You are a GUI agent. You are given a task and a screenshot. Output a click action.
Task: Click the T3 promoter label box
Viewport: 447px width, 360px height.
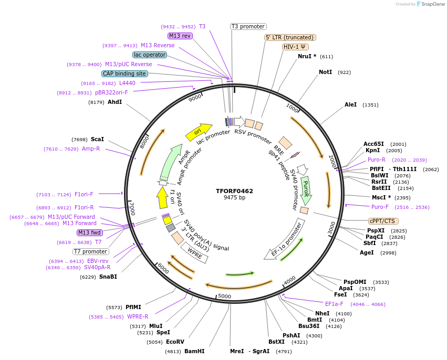[248, 26]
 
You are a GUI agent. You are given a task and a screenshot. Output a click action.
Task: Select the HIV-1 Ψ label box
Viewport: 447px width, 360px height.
[295, 47]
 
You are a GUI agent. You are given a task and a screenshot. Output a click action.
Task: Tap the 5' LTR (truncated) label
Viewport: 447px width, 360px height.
[289, 37]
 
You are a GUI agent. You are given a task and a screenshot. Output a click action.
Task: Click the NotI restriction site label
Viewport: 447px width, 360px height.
[326, 72]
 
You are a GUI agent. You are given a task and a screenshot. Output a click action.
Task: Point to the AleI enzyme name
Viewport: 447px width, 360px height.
[350, 105]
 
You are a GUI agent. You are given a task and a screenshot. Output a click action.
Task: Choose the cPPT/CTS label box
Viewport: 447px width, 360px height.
[384, 221]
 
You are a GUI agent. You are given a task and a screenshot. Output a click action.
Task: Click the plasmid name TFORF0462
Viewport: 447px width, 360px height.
[234, 191]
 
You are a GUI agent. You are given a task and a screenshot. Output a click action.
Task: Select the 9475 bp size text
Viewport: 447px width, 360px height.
[234, 198]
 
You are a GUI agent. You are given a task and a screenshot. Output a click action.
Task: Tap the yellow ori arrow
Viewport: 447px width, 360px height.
[199, 132]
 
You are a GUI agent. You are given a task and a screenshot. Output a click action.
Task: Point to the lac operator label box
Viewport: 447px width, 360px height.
[150, 55]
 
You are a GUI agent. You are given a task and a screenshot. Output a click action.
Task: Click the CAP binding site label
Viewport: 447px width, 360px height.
[124, 74]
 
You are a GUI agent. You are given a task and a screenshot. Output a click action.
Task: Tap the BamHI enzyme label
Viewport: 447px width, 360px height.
[194, 351]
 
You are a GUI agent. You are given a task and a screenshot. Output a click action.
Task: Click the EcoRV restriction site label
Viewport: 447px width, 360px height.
[175, 342]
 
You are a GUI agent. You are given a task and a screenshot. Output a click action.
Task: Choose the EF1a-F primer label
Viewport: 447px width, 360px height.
[334, 304]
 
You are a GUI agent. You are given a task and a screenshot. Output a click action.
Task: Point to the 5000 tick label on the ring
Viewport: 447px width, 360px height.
[224, 297]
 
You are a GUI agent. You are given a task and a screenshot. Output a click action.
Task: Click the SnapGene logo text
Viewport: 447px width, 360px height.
[431, 4]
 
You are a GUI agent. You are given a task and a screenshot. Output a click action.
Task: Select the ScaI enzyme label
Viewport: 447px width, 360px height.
[97, 139]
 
